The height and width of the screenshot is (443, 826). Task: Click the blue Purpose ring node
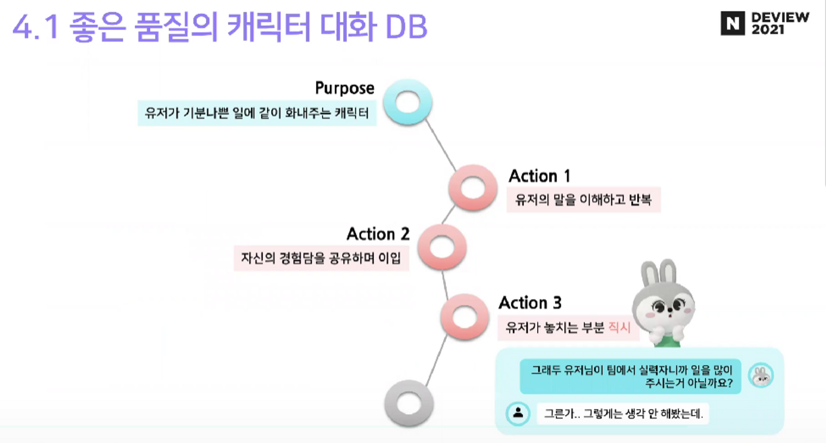(408, 102)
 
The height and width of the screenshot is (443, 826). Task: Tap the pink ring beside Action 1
(473, 188)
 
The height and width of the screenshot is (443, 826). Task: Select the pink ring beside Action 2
(442, 247)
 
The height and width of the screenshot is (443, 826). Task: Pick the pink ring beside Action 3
(465, 317)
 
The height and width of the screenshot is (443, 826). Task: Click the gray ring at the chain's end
(409, 403)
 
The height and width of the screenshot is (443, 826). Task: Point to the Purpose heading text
(344, 88)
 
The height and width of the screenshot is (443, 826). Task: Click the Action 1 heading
(539, 176)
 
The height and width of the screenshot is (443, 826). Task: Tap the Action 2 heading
(378, 234)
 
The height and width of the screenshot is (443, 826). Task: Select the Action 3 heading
(530, 303)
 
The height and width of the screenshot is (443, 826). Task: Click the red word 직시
(619, 327)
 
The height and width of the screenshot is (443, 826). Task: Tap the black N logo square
(733, 23)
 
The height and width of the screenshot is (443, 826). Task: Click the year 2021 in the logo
(768, 30)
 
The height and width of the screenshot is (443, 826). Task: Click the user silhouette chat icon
(518, 413)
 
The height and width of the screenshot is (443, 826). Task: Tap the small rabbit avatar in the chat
(761, 375)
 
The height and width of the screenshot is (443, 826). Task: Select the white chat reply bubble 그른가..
(623, 414)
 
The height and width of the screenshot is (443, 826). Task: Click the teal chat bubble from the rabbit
(630, 376)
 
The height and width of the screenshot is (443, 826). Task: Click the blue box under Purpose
(257, 113)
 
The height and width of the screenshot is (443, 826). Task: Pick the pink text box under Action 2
(321, 258)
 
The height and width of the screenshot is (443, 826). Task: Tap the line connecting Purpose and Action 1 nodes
(440, 145)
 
